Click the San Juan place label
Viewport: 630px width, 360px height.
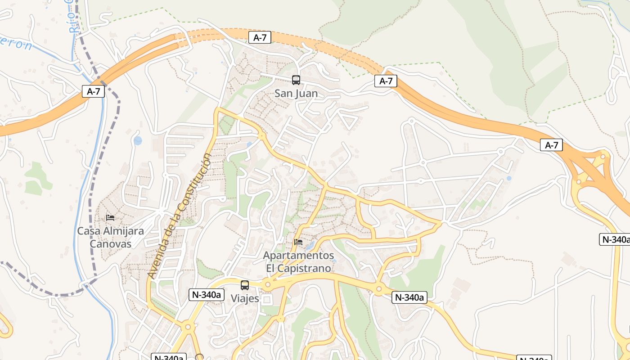[x=296, y=94]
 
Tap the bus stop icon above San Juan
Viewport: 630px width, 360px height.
[x=296, y=80]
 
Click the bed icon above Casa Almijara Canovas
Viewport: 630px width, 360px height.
[x=110, y=218]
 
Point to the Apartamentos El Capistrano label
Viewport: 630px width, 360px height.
[x=299, y=262]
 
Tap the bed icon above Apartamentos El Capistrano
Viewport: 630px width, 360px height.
[x=298, y=242]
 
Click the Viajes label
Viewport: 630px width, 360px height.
[x=245, y=298]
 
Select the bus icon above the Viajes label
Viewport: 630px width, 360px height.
[x=245, y=285]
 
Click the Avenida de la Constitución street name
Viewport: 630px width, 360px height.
[x=180, y=216]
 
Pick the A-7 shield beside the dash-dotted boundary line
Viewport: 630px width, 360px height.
[x=93, y=91]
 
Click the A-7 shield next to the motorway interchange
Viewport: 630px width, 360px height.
[x=551, y=145]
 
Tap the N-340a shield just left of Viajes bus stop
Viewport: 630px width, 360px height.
[x=206, y=295]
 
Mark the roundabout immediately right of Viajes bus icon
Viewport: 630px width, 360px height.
[x=268, y=284]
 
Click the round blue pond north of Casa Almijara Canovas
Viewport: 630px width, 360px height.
[x=138, y=141]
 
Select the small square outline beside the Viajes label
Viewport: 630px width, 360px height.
[x=267, y=300]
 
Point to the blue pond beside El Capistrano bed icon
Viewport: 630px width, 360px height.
[x=310, y=246]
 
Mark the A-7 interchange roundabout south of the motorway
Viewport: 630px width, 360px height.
[x=579, y=182]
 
